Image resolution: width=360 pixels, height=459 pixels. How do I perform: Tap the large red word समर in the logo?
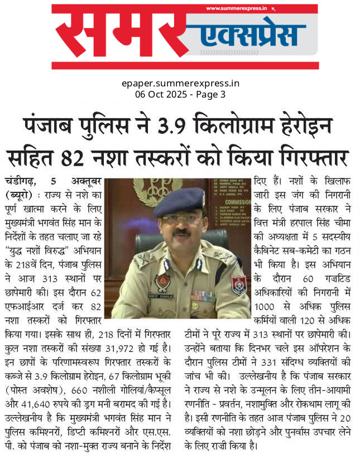pyautogui.click(x=117, y=35)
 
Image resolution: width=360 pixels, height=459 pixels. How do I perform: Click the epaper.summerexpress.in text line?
pyautogui.click(x=180, y=84)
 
